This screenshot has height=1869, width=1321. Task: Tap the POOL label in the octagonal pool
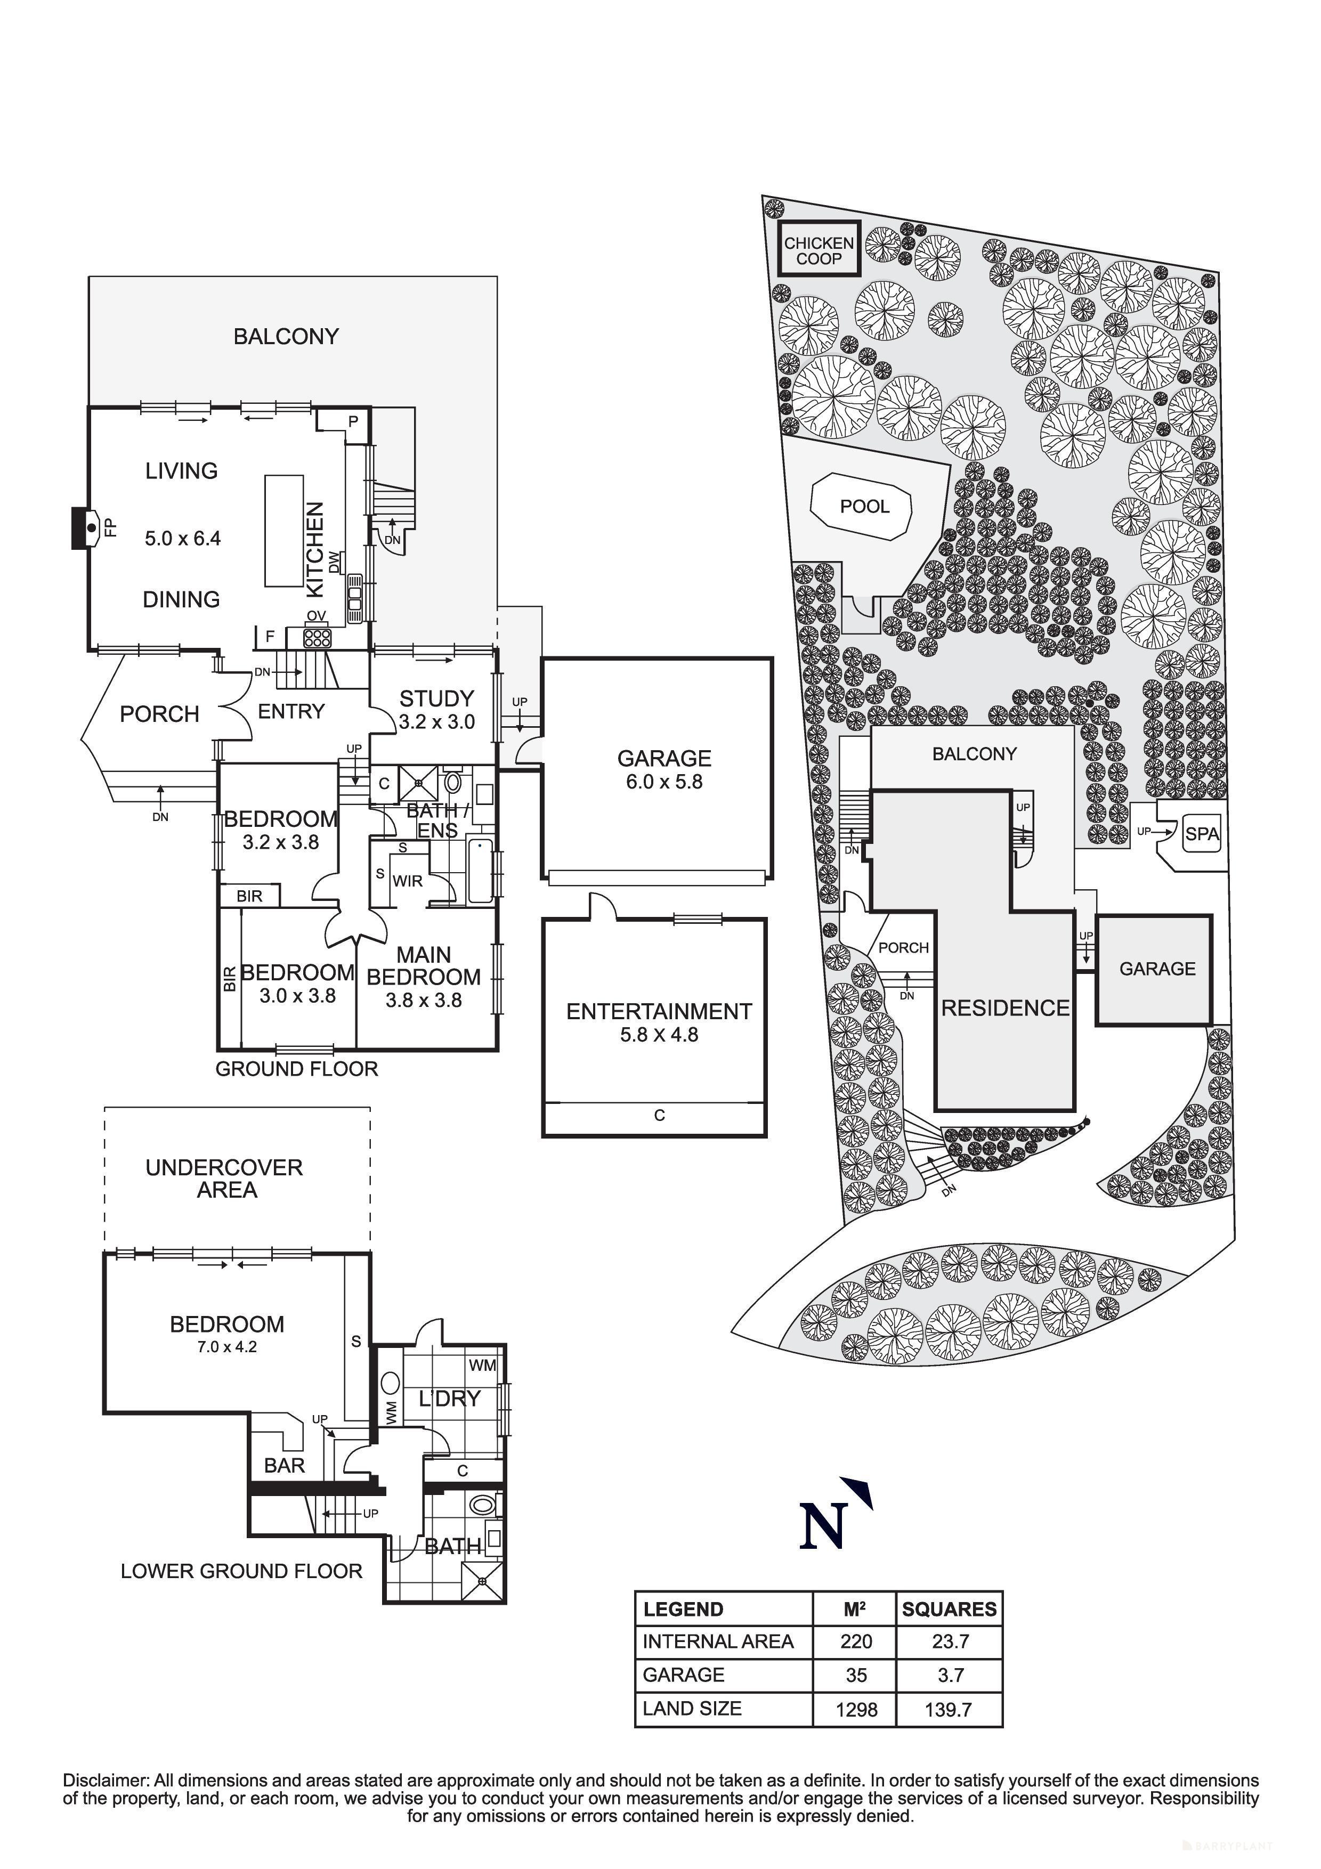[x=864, y=506]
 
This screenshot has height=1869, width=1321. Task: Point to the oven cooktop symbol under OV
[x=316, y=637]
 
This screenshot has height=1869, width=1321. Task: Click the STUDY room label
[x=436, y=698]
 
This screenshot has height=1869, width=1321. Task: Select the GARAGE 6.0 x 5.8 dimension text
[x=664, y=782]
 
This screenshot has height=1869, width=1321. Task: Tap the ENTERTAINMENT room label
[x=659, y=1011]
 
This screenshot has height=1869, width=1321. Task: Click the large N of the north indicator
[x=823, y=1527]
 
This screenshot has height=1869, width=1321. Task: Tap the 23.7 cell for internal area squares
[x=950, y=1642]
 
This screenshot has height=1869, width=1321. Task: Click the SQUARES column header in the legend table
[x=949, y=1610]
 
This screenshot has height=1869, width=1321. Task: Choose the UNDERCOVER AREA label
[x=225, y=1179]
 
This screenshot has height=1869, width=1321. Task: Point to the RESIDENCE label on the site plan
[x=1005, y=1009]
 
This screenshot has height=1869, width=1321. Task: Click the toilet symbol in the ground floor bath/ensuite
[x=454, y=783]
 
